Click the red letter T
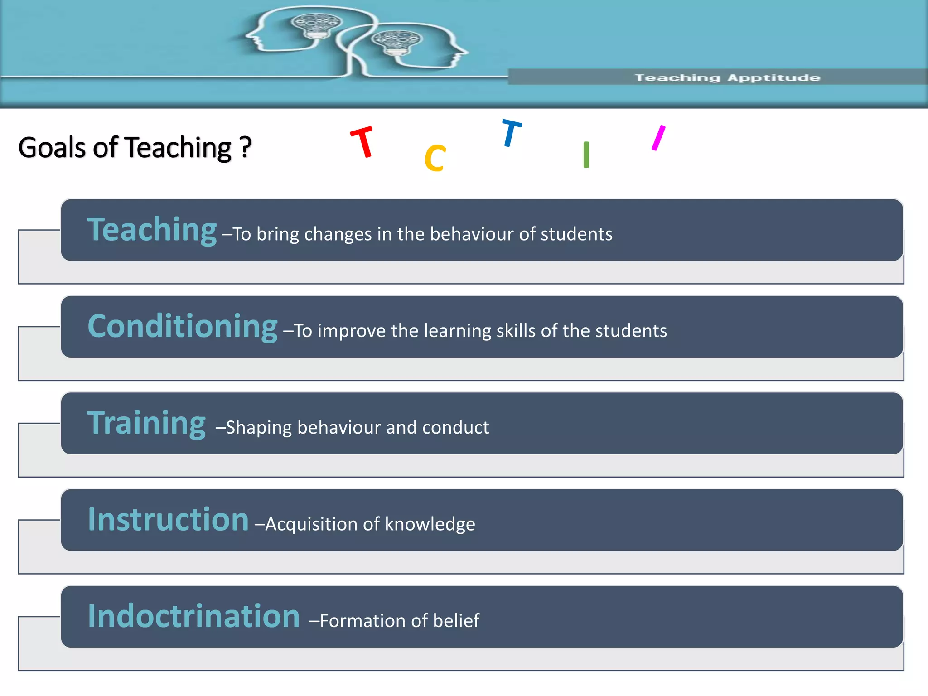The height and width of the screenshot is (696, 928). (x=362, y=142)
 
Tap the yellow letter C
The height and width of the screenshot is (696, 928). (x=435, y=159)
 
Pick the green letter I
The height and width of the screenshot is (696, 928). (x=586, y=155)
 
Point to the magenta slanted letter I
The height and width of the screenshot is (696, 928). (x=658, y=138)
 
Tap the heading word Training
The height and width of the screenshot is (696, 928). (x=146, y=423)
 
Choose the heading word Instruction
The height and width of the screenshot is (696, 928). (x=168, y=520)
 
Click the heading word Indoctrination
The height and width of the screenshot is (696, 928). (x=194, y=616)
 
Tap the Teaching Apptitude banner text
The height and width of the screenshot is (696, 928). (x=727, y=78)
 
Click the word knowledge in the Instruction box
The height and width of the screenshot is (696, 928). (x=430, y=524)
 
